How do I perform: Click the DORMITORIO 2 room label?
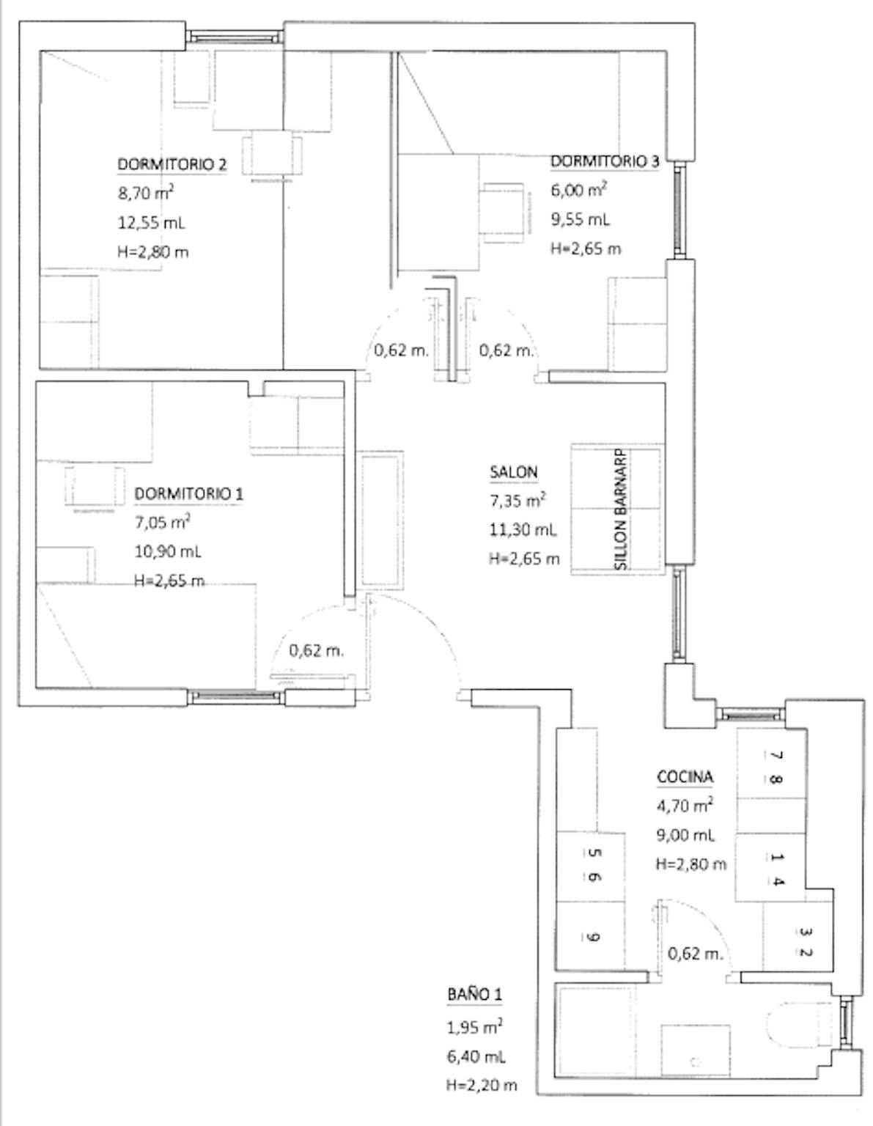172,165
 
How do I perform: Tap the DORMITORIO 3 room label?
604,162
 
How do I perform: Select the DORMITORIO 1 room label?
188,494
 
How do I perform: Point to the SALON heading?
513,472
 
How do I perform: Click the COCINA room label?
685,777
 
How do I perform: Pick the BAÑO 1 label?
474,994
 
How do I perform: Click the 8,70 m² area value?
146,193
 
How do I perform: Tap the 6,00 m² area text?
578,190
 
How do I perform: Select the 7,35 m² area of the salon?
517,501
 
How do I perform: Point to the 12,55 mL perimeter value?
151,223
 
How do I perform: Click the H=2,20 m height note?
482,1084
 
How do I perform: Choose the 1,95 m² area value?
475,1026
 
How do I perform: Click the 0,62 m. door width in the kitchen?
695,954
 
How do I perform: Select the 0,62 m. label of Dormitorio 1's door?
316,651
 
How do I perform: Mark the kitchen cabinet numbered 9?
590,938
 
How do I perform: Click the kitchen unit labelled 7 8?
771,769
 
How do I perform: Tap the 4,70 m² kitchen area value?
685,805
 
